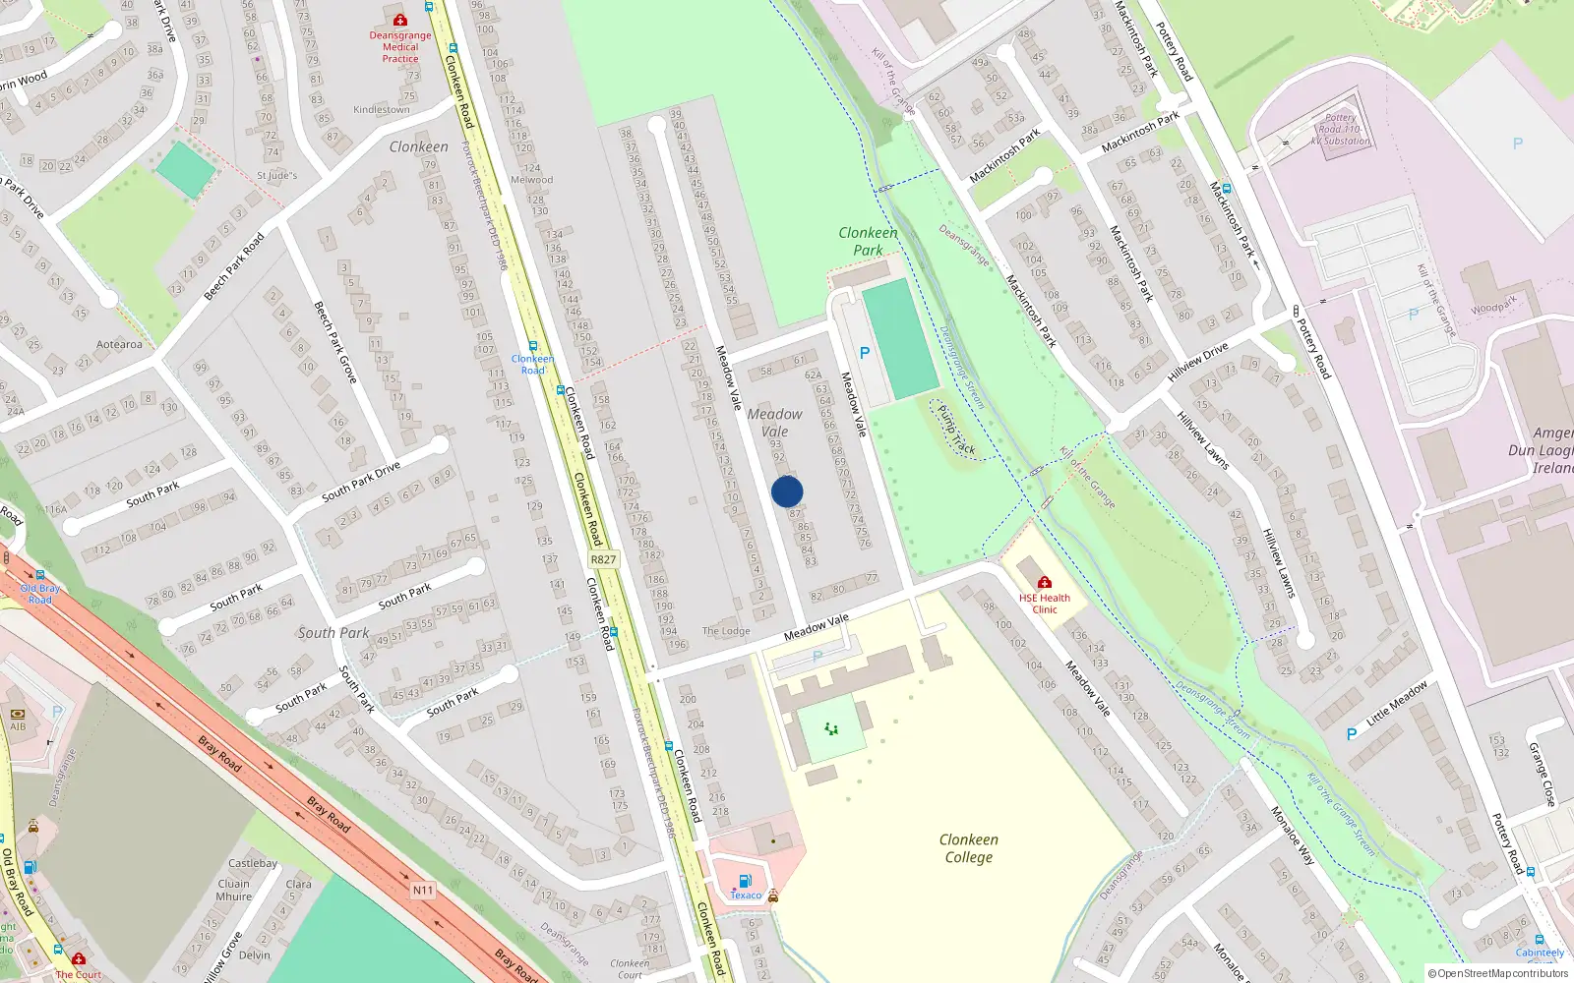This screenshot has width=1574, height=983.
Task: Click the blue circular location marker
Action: [x=787, y=491]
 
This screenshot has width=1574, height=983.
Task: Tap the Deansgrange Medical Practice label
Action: [x=400, y=46]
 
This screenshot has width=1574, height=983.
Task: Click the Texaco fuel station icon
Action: [x=745, y=881]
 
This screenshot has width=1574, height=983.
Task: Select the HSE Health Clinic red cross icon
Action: [x=1045, y=582]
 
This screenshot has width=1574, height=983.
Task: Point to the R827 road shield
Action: [x=603, y=559]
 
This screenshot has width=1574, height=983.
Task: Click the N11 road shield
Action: [x=422, y=890]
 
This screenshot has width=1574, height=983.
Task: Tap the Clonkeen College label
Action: [x=969, y=848]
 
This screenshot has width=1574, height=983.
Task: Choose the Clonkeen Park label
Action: [x=868, y=241]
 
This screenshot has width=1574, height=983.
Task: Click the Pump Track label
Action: [x=956, y=431]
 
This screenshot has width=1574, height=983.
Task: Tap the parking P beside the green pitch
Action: [x=865, y=353]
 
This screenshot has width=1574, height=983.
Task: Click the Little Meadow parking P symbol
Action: [x=1351, y=734]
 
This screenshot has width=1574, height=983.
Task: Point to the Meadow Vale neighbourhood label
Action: [x=774, y=423]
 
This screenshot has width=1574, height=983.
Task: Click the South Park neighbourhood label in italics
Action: [x=333, y=633]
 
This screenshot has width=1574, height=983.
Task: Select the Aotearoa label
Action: [x=119, y=344]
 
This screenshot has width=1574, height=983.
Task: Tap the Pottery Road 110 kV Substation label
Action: [x=1340, y=129]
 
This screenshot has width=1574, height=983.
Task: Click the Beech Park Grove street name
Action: [x=334, y=341]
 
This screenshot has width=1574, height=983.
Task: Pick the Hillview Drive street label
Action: [x=1197, y=362]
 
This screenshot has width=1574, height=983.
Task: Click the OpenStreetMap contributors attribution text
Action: [x=1498, y=973]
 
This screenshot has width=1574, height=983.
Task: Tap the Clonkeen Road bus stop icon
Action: [x=533, y=346]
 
